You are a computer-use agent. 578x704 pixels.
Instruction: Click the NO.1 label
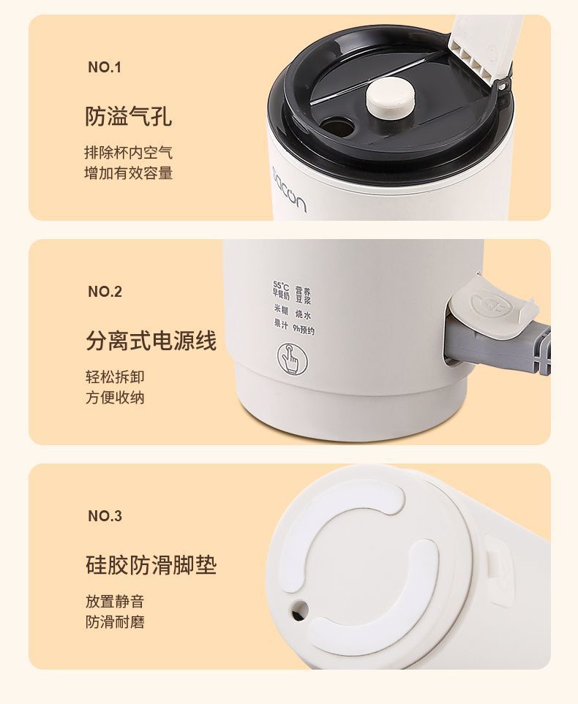click(x=104, y=68)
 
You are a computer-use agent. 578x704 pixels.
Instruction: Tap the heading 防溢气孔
click(x=129, y=116)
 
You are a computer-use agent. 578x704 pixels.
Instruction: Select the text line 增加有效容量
click(x=129, y=173)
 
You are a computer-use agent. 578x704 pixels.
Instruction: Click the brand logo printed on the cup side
click(x=290, y=188)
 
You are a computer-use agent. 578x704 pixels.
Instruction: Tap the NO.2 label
click(x=105, y=292)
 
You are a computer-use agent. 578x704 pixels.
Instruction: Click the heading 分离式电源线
click(x=151, y=341)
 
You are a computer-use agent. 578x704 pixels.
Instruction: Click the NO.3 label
click(x=105, y=516)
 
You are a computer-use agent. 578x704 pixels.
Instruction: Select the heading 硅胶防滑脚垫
click(x=151, y=565)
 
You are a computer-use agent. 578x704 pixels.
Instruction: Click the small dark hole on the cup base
click(x=299, y=608)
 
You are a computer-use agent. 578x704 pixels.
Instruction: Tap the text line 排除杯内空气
click(x=129, y=154)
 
